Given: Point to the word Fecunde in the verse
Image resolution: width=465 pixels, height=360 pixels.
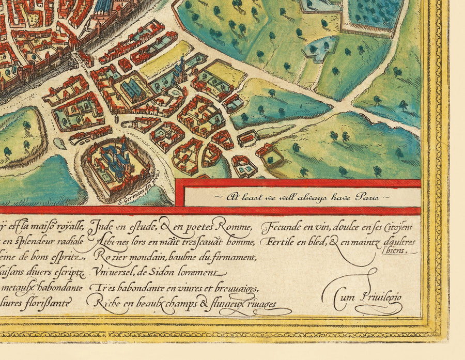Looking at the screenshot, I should coord(282,228).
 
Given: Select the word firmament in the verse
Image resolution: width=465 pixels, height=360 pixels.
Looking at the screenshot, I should coord(233,257).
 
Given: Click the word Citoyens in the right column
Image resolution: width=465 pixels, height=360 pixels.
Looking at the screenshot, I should coord(398,228).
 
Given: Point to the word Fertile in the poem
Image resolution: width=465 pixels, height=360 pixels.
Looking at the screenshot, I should coord(280,242).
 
